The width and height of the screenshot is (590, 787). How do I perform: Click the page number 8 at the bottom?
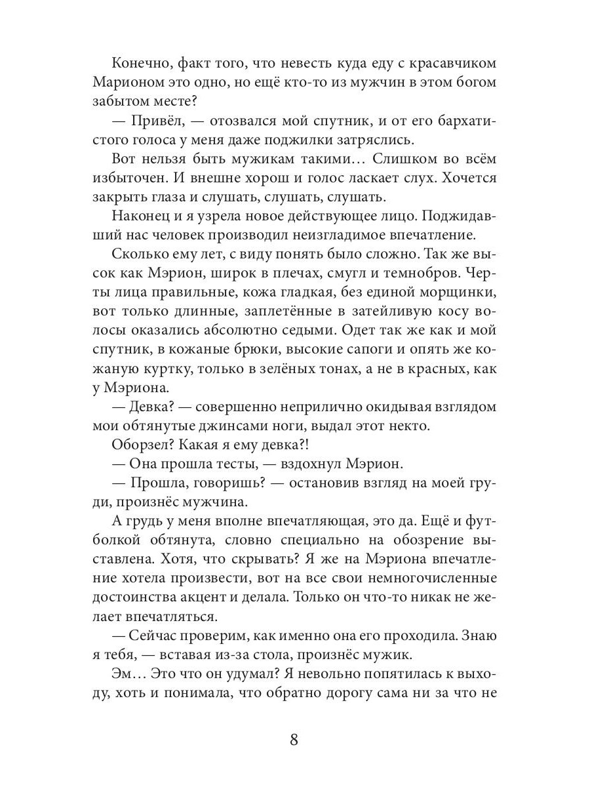pyautogui.click(x=294, y=740)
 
